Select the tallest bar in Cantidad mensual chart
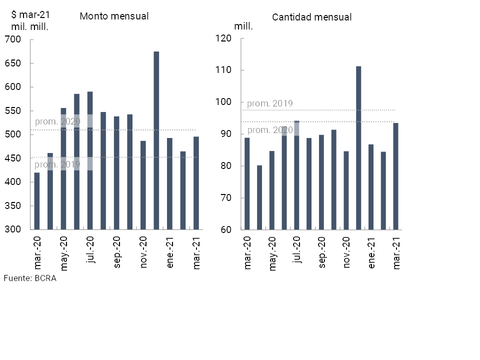pos(358,147)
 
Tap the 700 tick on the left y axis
pos(17,39)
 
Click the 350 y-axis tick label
pos(17,206)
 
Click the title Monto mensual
pos(114,16)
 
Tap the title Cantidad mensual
pos(312,17)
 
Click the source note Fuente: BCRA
pos(30,278)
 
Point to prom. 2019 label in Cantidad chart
pos(270,104)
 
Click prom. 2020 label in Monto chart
pos(57,121)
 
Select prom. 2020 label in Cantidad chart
pos(270,130)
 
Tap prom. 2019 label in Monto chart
pos(57,164)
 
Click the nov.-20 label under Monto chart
pos(143,253)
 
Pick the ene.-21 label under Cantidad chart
pos(371,254)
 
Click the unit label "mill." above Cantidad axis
pos(243,27)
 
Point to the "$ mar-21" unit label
pos(30,14)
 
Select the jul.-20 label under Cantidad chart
pos(297,252)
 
